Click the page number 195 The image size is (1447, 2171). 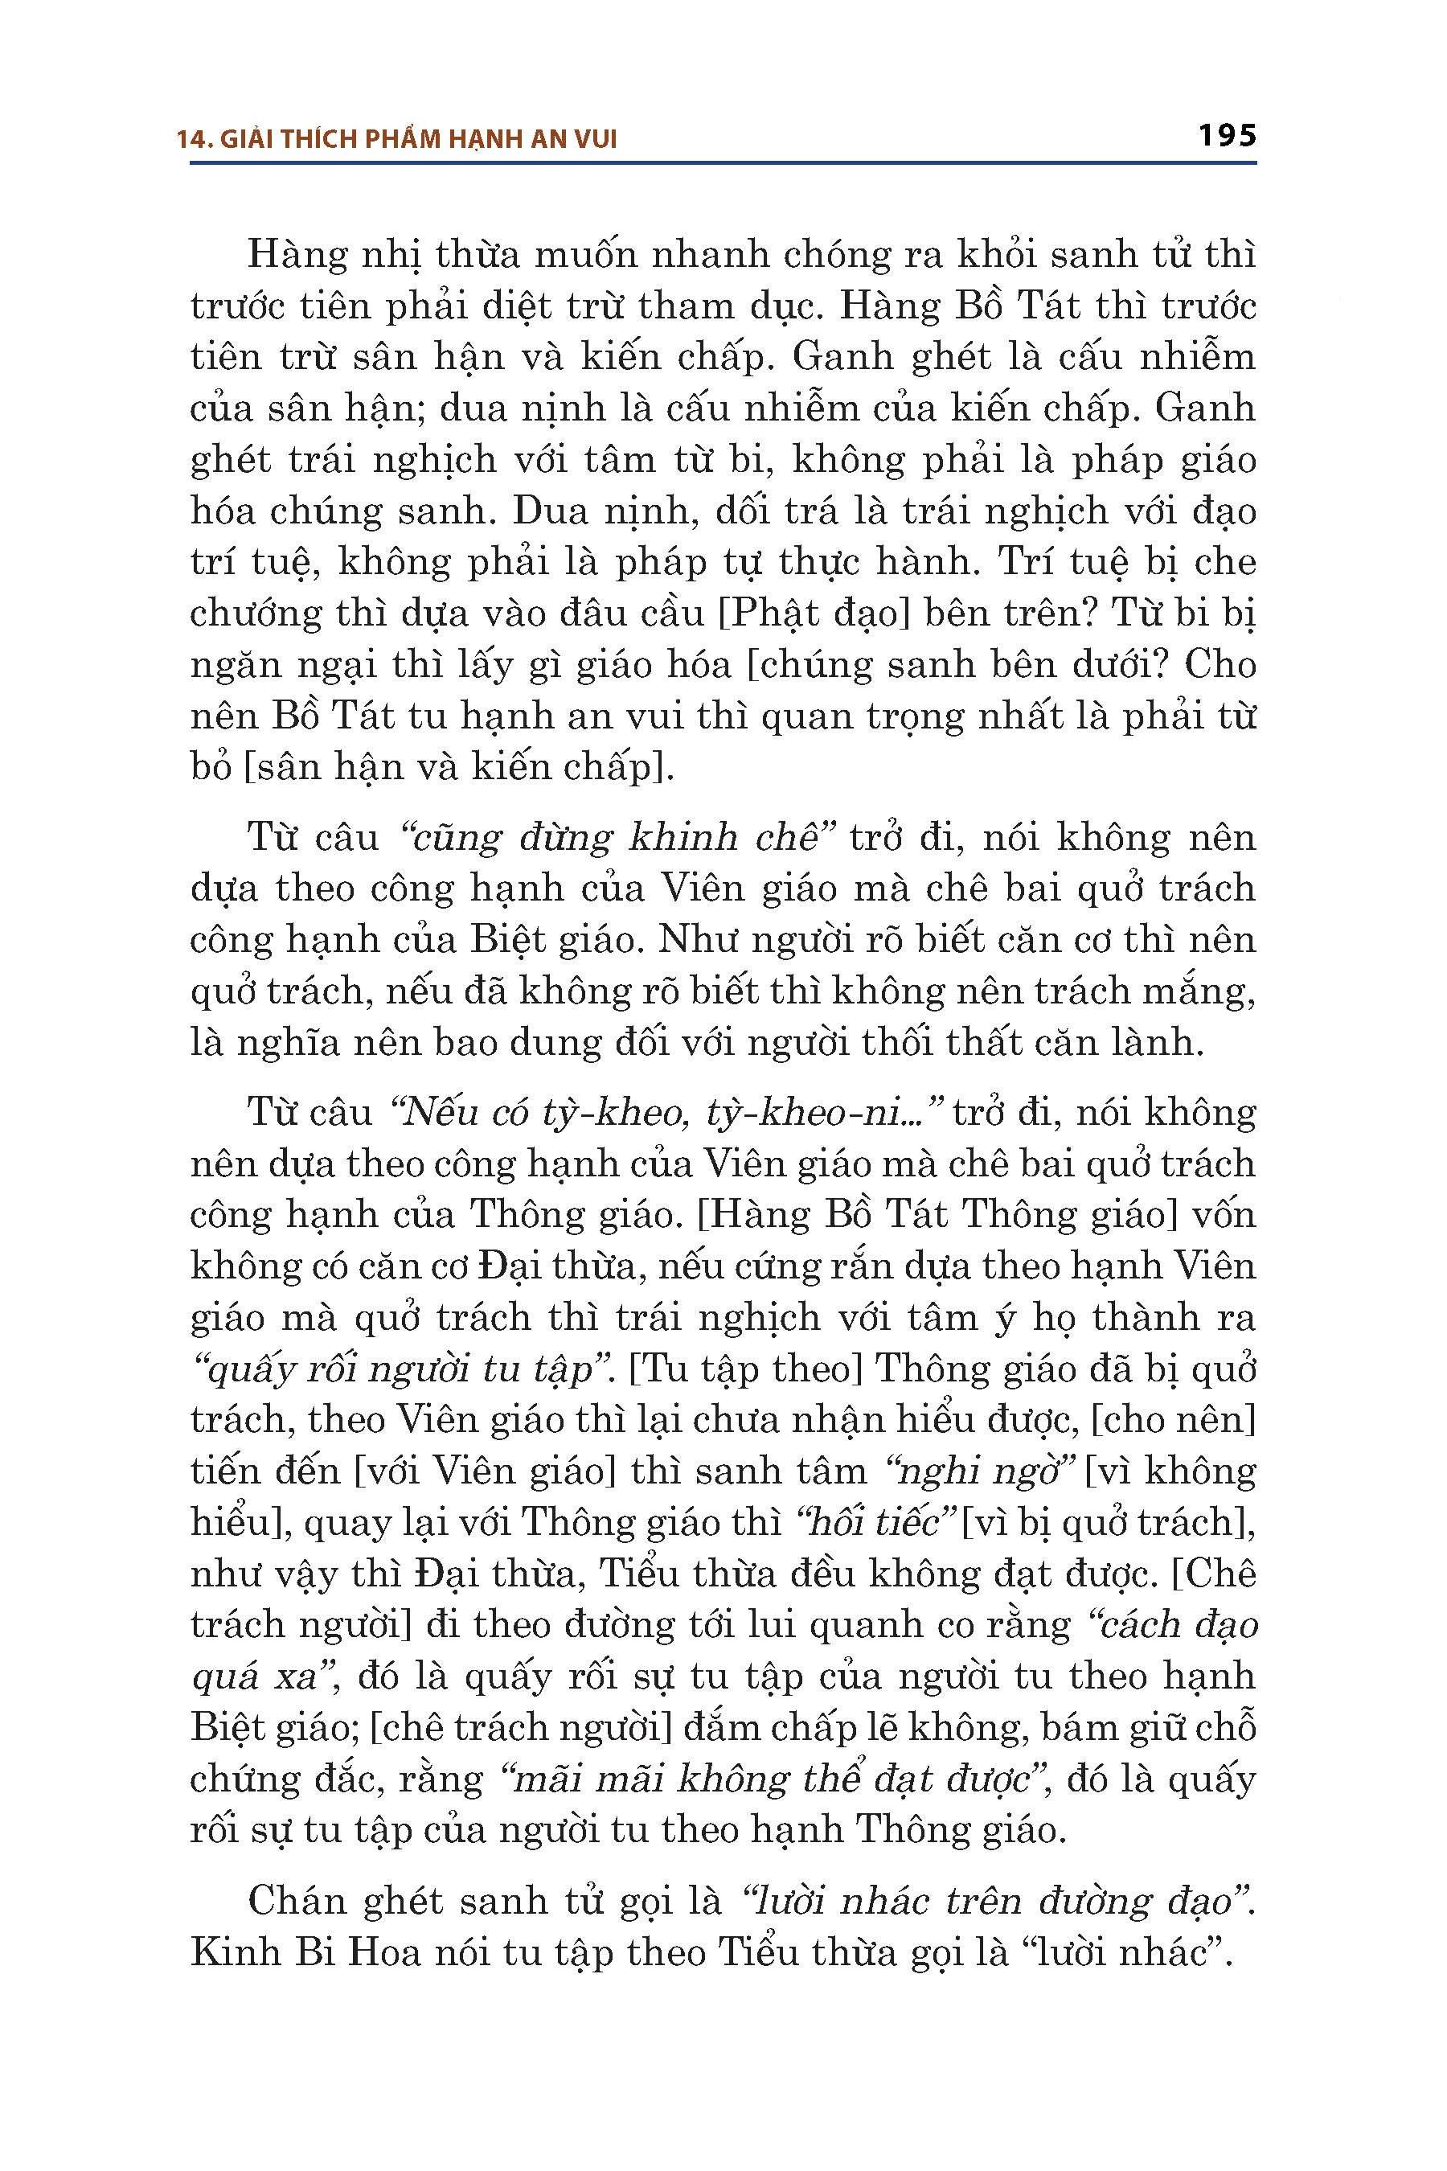coord(1227,136)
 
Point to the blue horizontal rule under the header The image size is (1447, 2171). coord(723,163)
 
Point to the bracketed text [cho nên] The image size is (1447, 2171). coord(1173,1420)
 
